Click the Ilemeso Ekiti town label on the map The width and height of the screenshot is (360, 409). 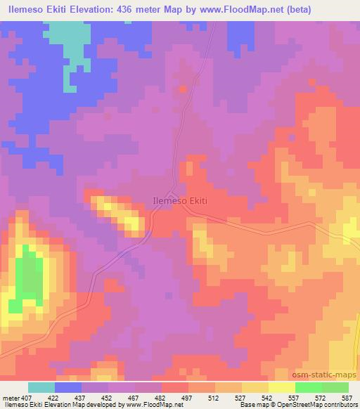(180, 200)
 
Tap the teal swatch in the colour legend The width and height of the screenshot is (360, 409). (41, 387)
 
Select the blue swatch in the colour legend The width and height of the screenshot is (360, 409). (68, 387)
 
